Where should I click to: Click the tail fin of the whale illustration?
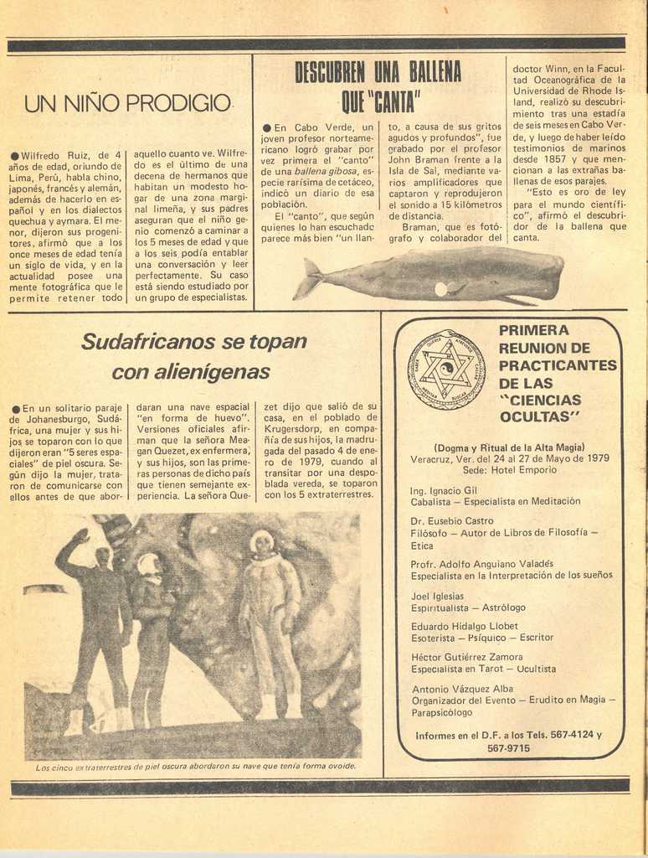pos(308,278)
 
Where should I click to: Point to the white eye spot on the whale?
pos(440,289)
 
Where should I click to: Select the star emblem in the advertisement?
pos(446,370)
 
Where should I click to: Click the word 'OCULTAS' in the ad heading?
pos(540,417)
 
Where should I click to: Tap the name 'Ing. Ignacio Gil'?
pos(444,490)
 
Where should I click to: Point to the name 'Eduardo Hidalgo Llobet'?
pos(465,626)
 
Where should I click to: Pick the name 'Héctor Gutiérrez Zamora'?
pos(467,657)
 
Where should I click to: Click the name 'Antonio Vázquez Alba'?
pos(457,689)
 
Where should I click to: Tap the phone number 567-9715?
pos(508,748)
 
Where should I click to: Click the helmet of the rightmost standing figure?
pos(262,542)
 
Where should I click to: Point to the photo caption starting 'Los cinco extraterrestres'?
pos(196,766)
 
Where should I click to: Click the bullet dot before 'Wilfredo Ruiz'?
pos(15,157)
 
